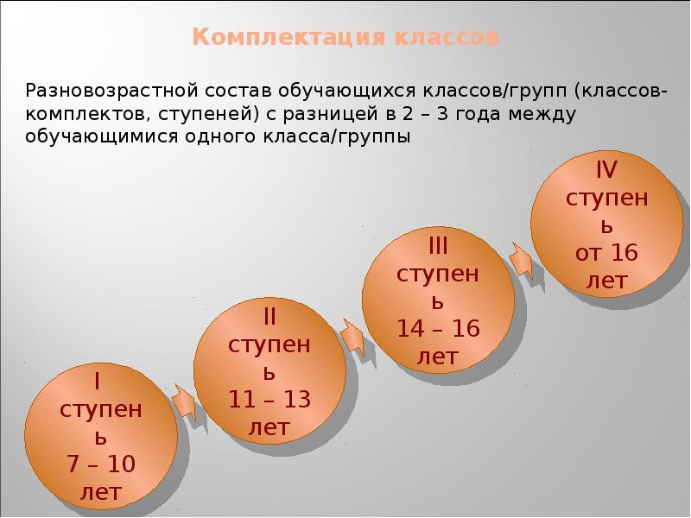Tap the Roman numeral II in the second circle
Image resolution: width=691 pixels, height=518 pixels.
pos(269,311)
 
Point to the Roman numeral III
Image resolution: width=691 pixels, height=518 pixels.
pos(438,246)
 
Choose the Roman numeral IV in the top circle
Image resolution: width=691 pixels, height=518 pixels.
pos(606,167)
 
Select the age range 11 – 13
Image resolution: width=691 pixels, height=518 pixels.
pos(269,401)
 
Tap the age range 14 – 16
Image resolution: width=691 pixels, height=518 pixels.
pos(438,329)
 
